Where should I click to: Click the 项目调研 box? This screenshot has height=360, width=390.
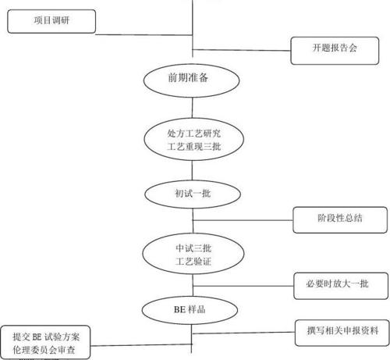(51, 20)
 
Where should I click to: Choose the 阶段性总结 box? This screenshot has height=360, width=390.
(339, 219)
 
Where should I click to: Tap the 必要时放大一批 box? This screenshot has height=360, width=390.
(339, 282)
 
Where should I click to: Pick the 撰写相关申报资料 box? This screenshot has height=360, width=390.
(339, 331)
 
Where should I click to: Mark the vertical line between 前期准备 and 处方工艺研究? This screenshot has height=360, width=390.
(191, 105)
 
